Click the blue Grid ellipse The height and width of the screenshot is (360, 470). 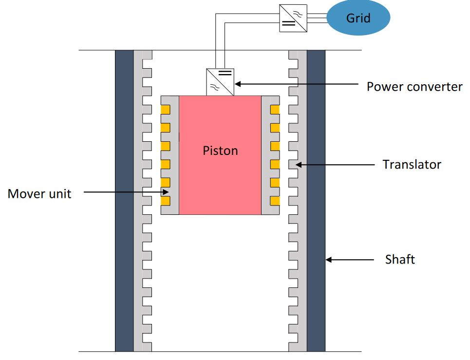tap(358, 18)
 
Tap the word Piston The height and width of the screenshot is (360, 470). tap(220, 150)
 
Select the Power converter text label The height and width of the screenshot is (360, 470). tap(414, 87)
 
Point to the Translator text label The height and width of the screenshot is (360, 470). tap(412, 164)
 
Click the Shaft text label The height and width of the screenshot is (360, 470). tap(400, 259)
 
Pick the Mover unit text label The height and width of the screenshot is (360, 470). tap(39, 194)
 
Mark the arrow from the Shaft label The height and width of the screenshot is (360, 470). tap(351, 260)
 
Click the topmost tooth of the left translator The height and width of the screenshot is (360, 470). tap(146, 63)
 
